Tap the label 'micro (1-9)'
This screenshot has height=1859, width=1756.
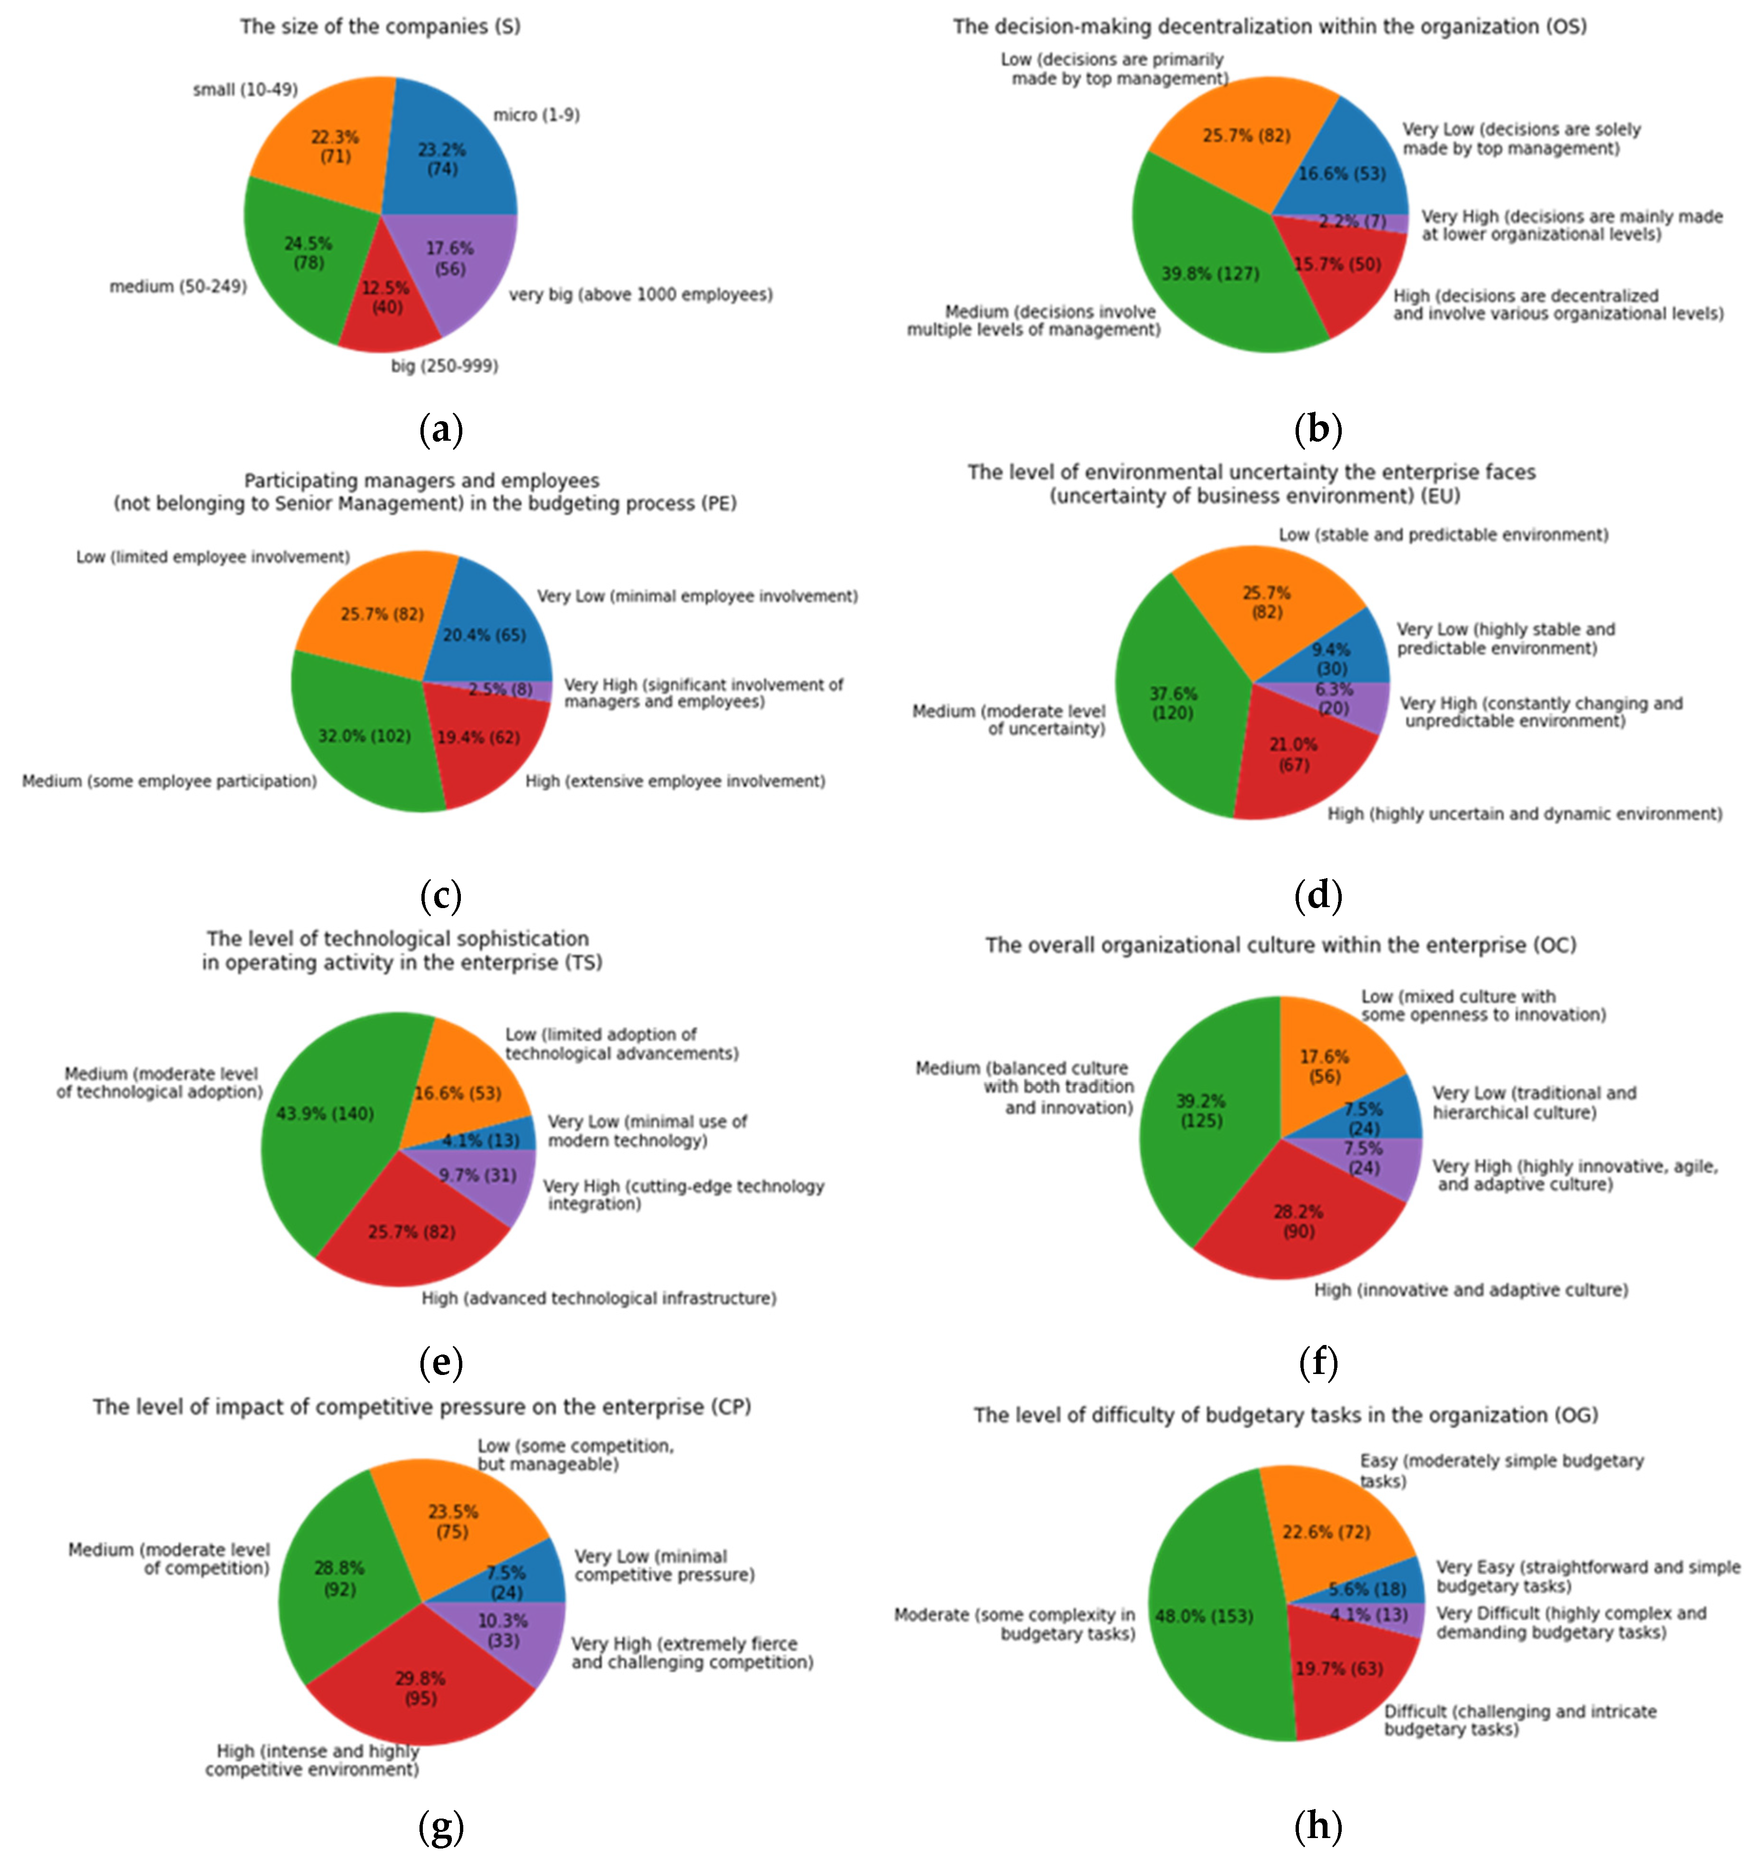[x=536, y=115]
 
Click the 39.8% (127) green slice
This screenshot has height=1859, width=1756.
[x=1212, y=281]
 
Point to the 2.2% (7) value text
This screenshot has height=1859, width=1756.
[x=1352, y=222]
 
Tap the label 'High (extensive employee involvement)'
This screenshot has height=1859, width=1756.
[x=675, y=781]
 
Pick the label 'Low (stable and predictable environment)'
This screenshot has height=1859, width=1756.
[x=1443, y=535]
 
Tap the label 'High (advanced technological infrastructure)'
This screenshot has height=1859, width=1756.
[x=598, y=1298]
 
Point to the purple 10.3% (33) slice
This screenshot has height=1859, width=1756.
[x=515, y=1632]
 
